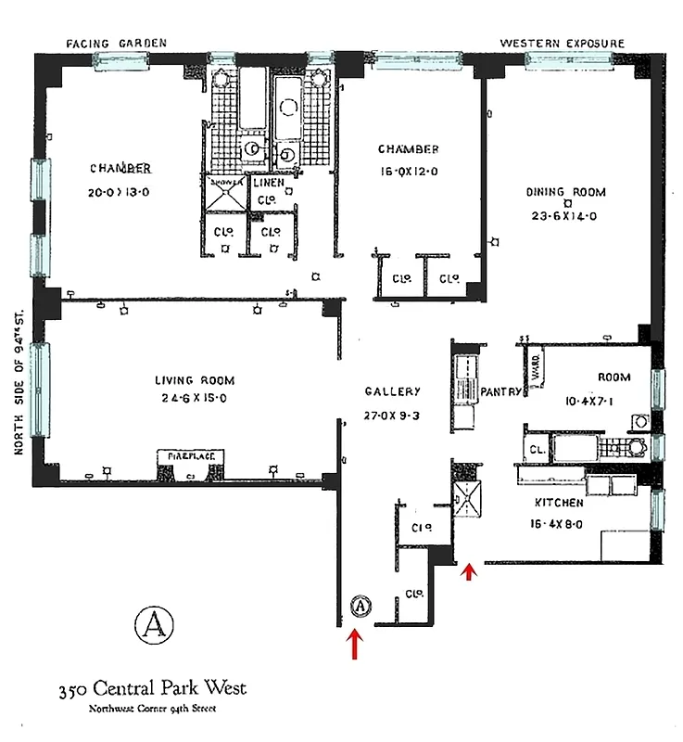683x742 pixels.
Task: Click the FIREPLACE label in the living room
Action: (x=191, y=457)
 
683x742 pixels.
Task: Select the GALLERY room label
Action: (x=393, y=392)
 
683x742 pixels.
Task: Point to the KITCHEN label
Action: (x=558, y=503)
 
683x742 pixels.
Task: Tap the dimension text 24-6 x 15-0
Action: (x=194, y=399)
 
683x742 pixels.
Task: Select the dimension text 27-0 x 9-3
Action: (x=393, y=416)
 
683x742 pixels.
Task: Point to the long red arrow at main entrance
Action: (x=354, y=646)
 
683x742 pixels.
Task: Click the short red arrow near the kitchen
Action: (x=469, y=573)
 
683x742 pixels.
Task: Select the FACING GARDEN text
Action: (x=116, y=44)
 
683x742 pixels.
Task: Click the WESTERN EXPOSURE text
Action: (x=562, y=44)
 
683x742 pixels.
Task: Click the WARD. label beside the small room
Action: (x=535, y=368)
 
